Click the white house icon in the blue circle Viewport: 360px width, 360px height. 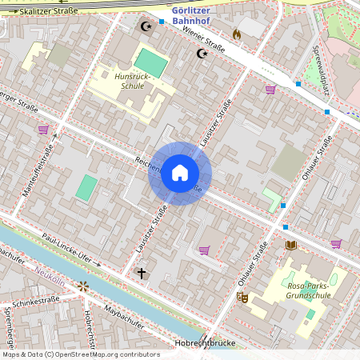(x=179, y=174)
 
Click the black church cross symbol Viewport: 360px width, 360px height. (x=142, y=274)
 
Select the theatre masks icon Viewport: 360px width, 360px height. (x=242, y=297)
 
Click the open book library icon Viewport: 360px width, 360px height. (x=291, y=245)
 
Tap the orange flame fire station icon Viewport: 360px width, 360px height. (x=237, y=34)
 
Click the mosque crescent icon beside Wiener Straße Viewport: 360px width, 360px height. (x=202, y=54)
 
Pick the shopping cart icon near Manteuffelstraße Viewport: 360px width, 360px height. (x=43, y=129)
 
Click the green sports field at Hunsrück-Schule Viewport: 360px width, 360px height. (x=147, y=62)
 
